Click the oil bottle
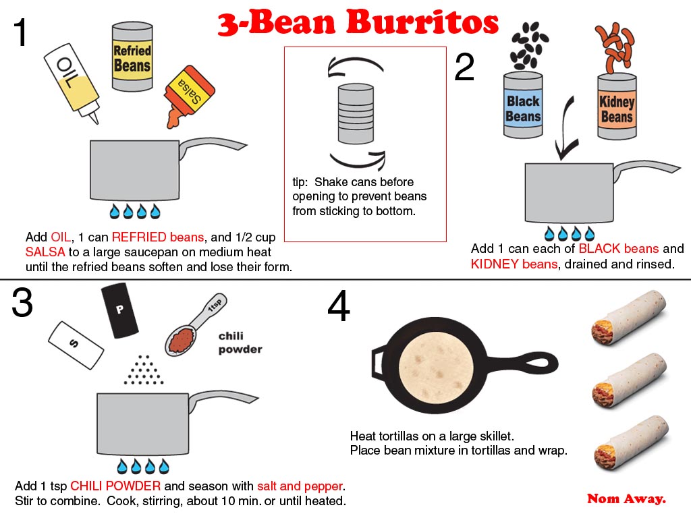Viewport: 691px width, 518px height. click(72, 83)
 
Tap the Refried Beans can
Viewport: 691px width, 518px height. click(132, 57)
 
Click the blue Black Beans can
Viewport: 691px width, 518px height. click(523, 105)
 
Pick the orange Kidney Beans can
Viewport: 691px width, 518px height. click(617, 107)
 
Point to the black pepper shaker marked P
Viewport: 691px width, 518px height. click(119, 310)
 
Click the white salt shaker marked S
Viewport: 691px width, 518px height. click(76, 345)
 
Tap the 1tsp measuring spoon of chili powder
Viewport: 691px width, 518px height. click(195, 325)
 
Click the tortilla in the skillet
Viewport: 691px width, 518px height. click(437, 366)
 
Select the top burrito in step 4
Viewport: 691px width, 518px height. click(628, 317)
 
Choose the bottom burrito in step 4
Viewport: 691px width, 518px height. click(631, 442)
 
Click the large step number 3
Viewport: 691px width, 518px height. click(22, 302)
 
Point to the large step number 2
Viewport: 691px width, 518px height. click(464, 67)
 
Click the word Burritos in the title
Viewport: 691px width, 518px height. click(422, 22)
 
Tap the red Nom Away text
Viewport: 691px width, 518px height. click(626, 498)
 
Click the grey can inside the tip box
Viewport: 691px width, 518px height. click(356, 113)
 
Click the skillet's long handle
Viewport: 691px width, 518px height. click(522, 364)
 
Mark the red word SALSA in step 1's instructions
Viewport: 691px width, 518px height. click(45, 252)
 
